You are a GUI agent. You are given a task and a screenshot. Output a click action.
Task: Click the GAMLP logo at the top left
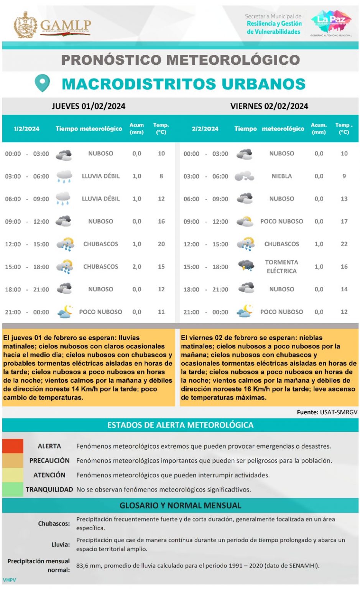tap(52, 25)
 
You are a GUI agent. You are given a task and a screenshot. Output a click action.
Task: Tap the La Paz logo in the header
tap(331, 21)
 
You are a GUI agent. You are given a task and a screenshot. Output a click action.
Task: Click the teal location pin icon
tap(42, 83)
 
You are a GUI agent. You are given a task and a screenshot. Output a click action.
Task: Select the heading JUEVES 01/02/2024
tap(89, 106)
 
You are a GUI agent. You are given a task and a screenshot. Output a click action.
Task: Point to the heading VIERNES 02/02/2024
tap(269, 106)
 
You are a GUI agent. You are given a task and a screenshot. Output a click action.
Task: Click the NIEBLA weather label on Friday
tap(281, 176)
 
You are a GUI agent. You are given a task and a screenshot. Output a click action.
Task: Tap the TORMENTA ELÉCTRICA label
tap(281, 267)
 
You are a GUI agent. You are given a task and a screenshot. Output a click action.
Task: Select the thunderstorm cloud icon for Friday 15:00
tap(245, 266)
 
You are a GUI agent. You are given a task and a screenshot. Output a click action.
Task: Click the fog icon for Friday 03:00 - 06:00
tap(244, 176)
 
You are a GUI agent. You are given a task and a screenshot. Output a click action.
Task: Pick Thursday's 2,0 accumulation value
tap(137, 267)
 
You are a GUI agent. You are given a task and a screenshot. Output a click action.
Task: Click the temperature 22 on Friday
tap(344, 244)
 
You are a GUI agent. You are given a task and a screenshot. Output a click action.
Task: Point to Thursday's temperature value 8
tap(161, 176)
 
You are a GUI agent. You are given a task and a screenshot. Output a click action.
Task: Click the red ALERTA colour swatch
tap(13, 446)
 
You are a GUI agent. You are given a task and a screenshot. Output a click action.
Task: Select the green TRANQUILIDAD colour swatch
tap(13, 489)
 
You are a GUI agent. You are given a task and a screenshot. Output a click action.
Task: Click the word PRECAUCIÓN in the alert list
tap(49, 461)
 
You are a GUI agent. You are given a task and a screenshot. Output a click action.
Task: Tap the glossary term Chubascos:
tap(54, 523)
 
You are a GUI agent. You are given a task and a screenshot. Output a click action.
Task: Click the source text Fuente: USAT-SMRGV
tap(327, 412)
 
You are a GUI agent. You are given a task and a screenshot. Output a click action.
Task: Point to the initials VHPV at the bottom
tap(10, 580)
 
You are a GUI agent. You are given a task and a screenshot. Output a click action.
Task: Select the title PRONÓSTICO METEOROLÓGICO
tap(180, 60)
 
